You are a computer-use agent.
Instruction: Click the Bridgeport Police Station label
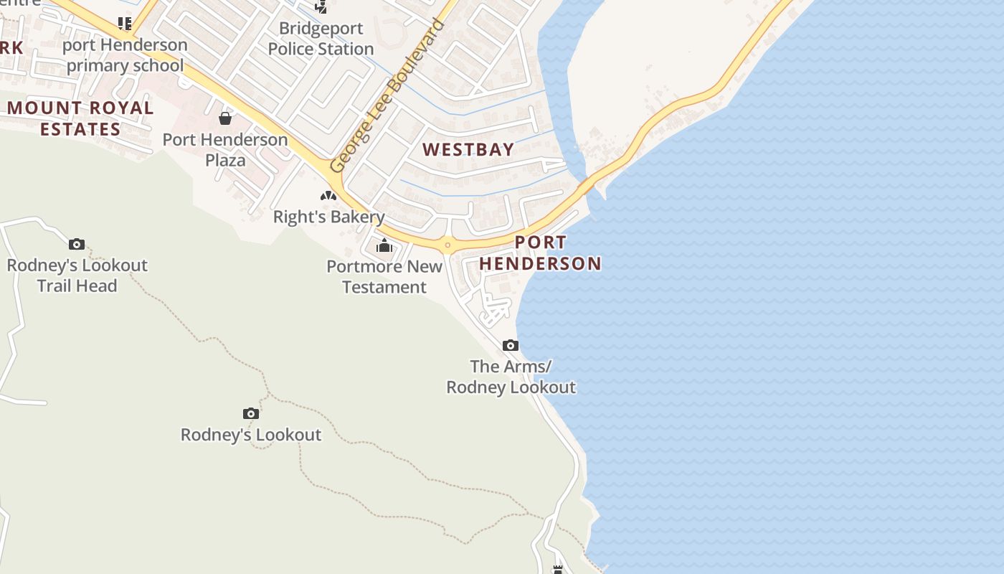321,39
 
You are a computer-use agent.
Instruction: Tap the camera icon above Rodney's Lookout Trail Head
77,245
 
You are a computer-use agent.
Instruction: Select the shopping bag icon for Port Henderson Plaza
225,118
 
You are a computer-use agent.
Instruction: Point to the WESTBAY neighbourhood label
468,150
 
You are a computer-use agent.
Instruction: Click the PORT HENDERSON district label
540,253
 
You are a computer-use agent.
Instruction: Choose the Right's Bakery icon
328,196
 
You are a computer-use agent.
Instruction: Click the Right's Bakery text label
329,217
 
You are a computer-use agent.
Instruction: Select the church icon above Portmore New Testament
384,246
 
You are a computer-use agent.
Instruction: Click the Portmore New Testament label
384,277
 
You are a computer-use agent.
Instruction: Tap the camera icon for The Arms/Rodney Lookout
511,346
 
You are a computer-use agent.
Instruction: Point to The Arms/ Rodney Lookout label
511,377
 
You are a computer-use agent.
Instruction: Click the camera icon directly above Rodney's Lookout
250,414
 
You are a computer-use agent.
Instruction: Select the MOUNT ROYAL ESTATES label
80,119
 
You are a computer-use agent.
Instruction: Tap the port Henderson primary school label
126,55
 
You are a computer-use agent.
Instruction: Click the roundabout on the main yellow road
447,245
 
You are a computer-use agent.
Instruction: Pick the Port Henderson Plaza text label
225,150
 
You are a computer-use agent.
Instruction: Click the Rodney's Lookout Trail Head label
77,276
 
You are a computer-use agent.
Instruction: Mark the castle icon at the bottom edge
557,569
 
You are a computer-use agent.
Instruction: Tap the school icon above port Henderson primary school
125,24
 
